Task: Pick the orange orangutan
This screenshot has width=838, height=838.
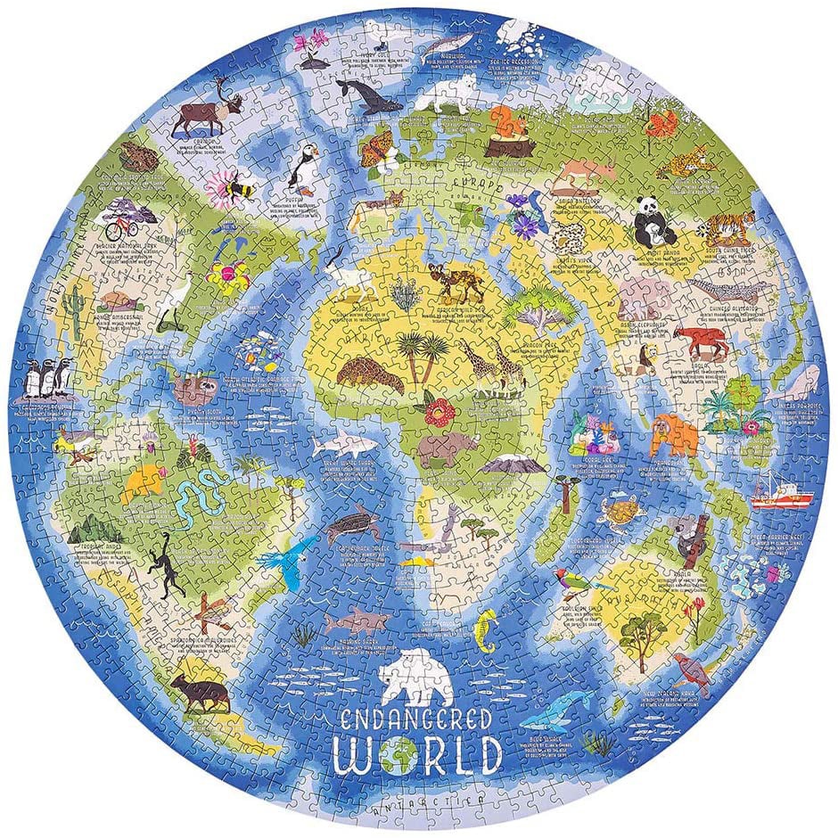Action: (675, 435)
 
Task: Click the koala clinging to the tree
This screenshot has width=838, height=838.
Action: (688, 535)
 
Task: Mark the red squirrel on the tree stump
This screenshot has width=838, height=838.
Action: (506, 125)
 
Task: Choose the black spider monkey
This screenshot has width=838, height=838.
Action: (168, 564)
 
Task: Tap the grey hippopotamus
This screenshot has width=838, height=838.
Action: (443, 450)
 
